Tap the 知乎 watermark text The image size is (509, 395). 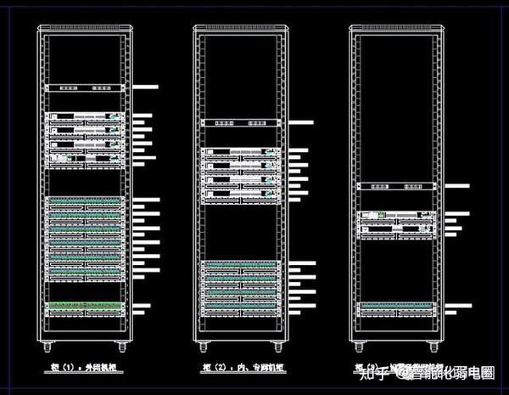click(373, 372)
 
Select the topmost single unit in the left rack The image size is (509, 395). click(85, 87)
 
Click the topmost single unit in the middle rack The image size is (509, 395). click(240, 122)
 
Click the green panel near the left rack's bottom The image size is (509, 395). click(85, 306)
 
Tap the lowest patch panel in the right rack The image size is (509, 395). click(396, 309)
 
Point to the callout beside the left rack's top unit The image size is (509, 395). click(147, 87)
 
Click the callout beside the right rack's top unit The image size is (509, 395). click(456, 185)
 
